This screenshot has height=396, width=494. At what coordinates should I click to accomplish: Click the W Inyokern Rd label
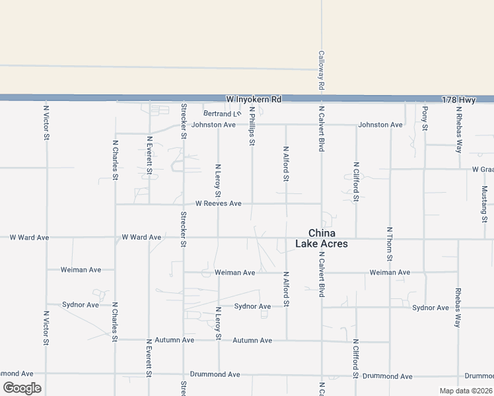[254, 99]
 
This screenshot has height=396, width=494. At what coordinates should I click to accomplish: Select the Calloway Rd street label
[321, 71]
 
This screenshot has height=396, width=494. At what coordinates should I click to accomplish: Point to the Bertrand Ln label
[221, 114]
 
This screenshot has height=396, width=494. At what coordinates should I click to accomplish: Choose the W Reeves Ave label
[218, 203]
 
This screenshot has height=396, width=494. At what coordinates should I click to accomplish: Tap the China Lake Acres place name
[322, 238]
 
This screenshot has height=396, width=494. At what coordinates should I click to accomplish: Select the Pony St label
[425, 118]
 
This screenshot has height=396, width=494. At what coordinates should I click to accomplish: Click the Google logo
[22, 388]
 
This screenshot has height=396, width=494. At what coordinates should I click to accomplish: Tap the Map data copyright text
[466, 391]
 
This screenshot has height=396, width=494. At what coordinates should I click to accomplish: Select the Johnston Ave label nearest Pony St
[380, 125]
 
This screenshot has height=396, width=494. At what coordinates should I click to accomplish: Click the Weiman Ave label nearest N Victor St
[81, 269]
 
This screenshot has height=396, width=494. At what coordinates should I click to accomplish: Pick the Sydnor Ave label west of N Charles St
[81, 304]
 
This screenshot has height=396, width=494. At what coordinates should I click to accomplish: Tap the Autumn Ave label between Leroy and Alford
[252, 341]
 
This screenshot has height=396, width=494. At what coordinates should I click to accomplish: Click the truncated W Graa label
[483, 170]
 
